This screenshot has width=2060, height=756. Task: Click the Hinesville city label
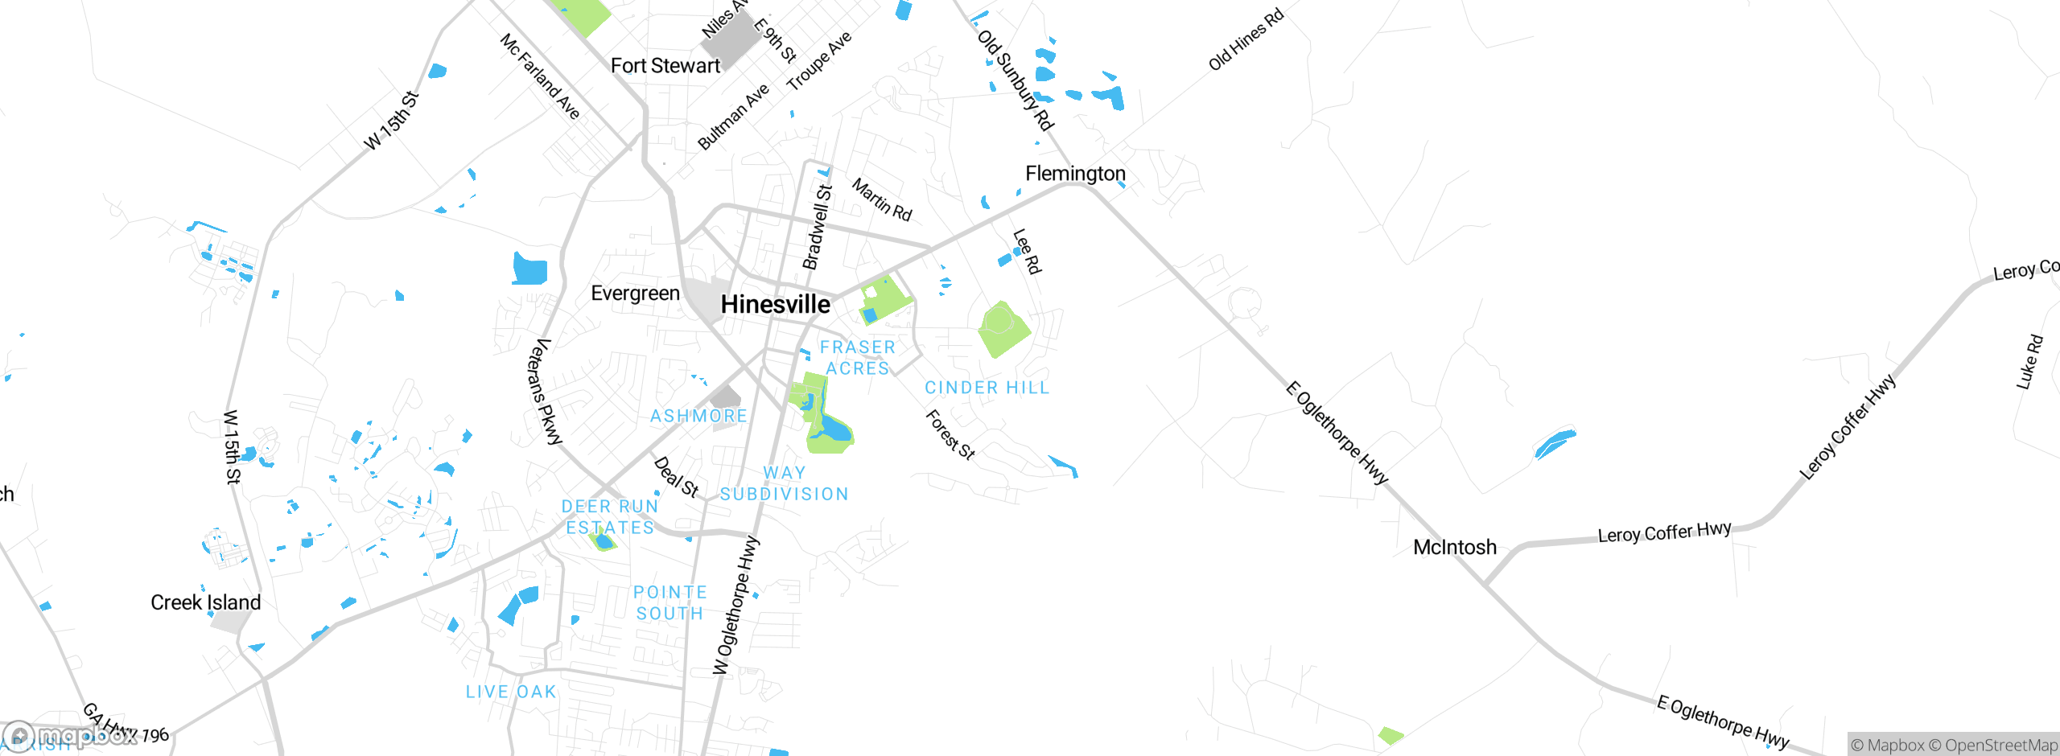775,304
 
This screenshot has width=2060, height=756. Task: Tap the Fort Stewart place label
665,66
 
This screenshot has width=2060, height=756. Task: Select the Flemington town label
1075,174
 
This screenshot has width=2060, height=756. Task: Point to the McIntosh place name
1455,548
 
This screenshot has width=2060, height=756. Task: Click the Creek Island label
206,602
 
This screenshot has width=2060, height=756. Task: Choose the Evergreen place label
635,294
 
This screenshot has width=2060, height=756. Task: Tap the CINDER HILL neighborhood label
987,388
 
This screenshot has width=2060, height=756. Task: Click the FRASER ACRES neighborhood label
858,358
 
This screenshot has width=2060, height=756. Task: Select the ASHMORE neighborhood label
698,416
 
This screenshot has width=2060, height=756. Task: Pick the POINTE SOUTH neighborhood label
670,602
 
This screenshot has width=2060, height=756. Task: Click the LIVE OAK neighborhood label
511,692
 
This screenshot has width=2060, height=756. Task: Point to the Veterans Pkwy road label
544,392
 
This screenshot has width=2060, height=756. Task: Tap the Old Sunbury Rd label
1016,80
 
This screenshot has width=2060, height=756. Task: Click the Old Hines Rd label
1246,39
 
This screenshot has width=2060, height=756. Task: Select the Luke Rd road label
2029,362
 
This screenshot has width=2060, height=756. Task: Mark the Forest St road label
950,434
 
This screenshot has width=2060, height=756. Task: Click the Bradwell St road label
818,227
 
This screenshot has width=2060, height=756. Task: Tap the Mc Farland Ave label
540,76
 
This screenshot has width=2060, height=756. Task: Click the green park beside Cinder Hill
1003,329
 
